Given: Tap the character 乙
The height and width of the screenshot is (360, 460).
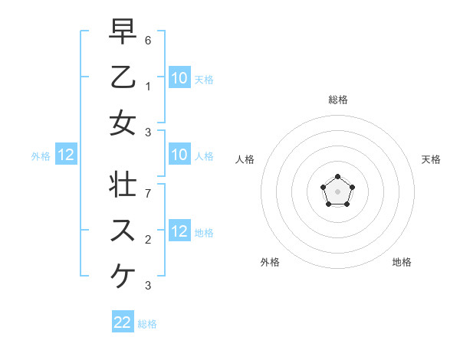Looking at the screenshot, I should pos(123,77).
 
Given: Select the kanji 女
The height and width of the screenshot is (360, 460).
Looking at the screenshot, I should pos(123,124).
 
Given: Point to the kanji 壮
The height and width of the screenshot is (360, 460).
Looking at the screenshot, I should pos(123,185).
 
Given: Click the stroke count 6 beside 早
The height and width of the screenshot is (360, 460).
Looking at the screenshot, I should pos(148,38).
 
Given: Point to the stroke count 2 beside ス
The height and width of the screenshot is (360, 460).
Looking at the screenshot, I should pos(148,239).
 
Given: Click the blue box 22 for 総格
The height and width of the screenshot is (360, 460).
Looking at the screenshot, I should pos(123,322).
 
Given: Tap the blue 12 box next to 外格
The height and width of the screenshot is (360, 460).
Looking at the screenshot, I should pos(66,155).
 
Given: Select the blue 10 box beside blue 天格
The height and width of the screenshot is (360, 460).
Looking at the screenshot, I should pos(179,77).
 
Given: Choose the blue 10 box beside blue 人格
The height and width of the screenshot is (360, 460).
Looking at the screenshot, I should pos(179,155).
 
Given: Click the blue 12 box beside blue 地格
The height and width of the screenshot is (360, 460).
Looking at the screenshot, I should pos(179,231).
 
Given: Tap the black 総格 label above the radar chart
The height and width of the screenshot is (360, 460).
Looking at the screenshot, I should pos(337,100).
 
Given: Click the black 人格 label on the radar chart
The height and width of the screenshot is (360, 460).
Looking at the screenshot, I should pos(245,159).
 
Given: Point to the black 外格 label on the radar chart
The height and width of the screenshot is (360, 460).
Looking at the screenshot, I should pos(270,262).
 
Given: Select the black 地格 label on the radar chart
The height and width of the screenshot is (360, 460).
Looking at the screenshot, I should pos(402,262).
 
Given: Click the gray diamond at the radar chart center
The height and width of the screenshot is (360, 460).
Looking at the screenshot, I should pos(337,191).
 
